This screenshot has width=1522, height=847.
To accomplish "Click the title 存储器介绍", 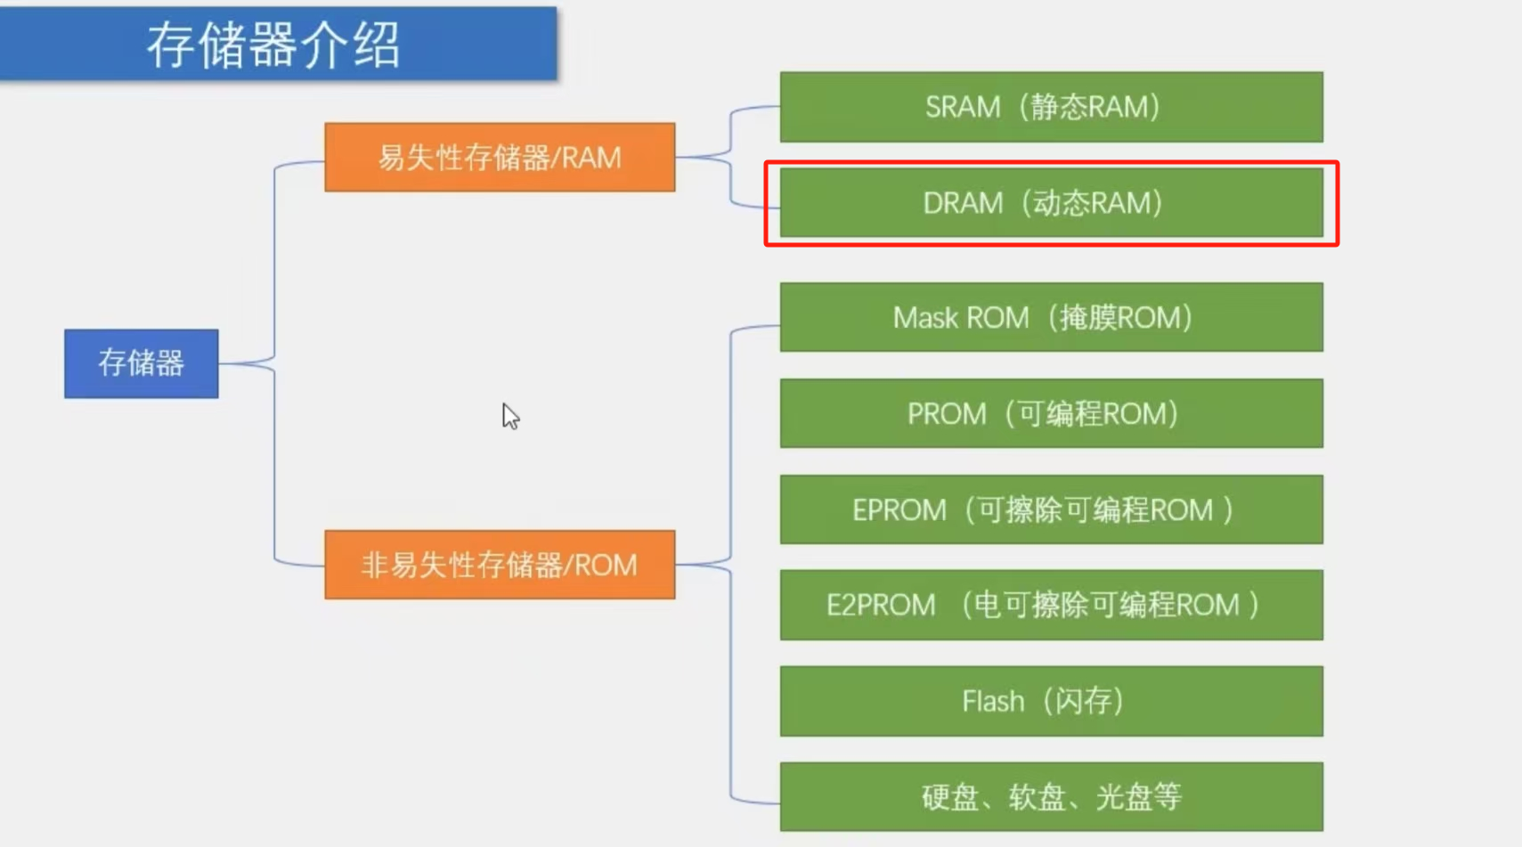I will [274, 45].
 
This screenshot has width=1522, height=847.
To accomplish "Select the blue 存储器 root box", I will [141, 363].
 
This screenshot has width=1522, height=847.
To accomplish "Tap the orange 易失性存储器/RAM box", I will [500, 158].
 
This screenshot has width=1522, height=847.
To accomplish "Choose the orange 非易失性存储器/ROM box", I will [500, 565].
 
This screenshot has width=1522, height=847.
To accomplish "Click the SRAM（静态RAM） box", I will [1051, 107].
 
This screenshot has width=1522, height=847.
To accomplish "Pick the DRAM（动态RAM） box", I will [1051, 203].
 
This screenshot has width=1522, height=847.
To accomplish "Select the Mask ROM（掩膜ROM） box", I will [1051, 317].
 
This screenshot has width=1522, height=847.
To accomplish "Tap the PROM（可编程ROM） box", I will [1051, 413].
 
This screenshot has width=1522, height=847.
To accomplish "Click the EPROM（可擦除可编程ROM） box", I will [1051, 509].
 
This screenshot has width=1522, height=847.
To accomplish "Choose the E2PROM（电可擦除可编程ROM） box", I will [1051, 605].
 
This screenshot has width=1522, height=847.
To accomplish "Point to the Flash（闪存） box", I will [1051, 701].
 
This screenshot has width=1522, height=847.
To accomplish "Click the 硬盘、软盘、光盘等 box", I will [1051, 796].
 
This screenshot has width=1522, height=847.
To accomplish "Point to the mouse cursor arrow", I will [509, 415].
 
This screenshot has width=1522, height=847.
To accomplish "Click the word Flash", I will [993, 701].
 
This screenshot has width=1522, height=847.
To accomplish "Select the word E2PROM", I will [881, 605].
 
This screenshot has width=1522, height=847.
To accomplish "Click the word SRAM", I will [963, 107].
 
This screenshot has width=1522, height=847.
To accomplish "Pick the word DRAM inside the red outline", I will [963, 203].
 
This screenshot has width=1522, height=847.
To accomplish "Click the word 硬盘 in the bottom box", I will [950, 796].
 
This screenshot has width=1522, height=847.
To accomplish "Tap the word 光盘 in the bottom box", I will [1125, 796].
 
